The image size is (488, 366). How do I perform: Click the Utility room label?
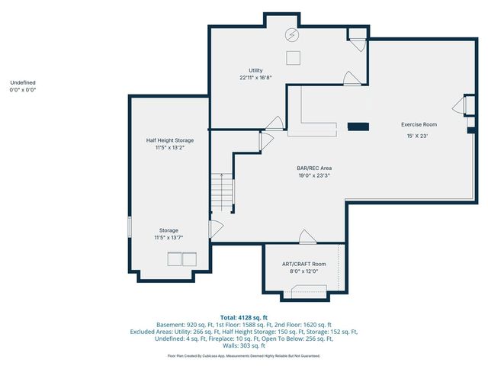point(255,70)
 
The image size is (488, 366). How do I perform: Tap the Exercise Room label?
point(419,124)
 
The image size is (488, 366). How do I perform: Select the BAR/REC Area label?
point(313,168)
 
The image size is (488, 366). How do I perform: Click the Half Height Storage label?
point(170,140)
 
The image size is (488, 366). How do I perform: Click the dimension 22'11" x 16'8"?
point(255,77)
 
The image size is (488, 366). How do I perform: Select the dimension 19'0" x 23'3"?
point(313,175)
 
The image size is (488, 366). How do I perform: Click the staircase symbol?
point(223,191)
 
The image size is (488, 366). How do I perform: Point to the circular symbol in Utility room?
point(292,34)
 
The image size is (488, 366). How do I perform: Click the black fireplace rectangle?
point(358,127)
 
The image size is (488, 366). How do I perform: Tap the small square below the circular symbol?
point(293,56)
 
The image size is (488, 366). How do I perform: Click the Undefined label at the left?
point(23,82)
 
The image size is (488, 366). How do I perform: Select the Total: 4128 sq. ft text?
point(244,316)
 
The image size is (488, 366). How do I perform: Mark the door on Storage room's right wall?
point(215,227)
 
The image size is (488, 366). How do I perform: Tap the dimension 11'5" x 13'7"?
point(169,237)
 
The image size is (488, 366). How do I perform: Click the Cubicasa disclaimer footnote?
point(244,355)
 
